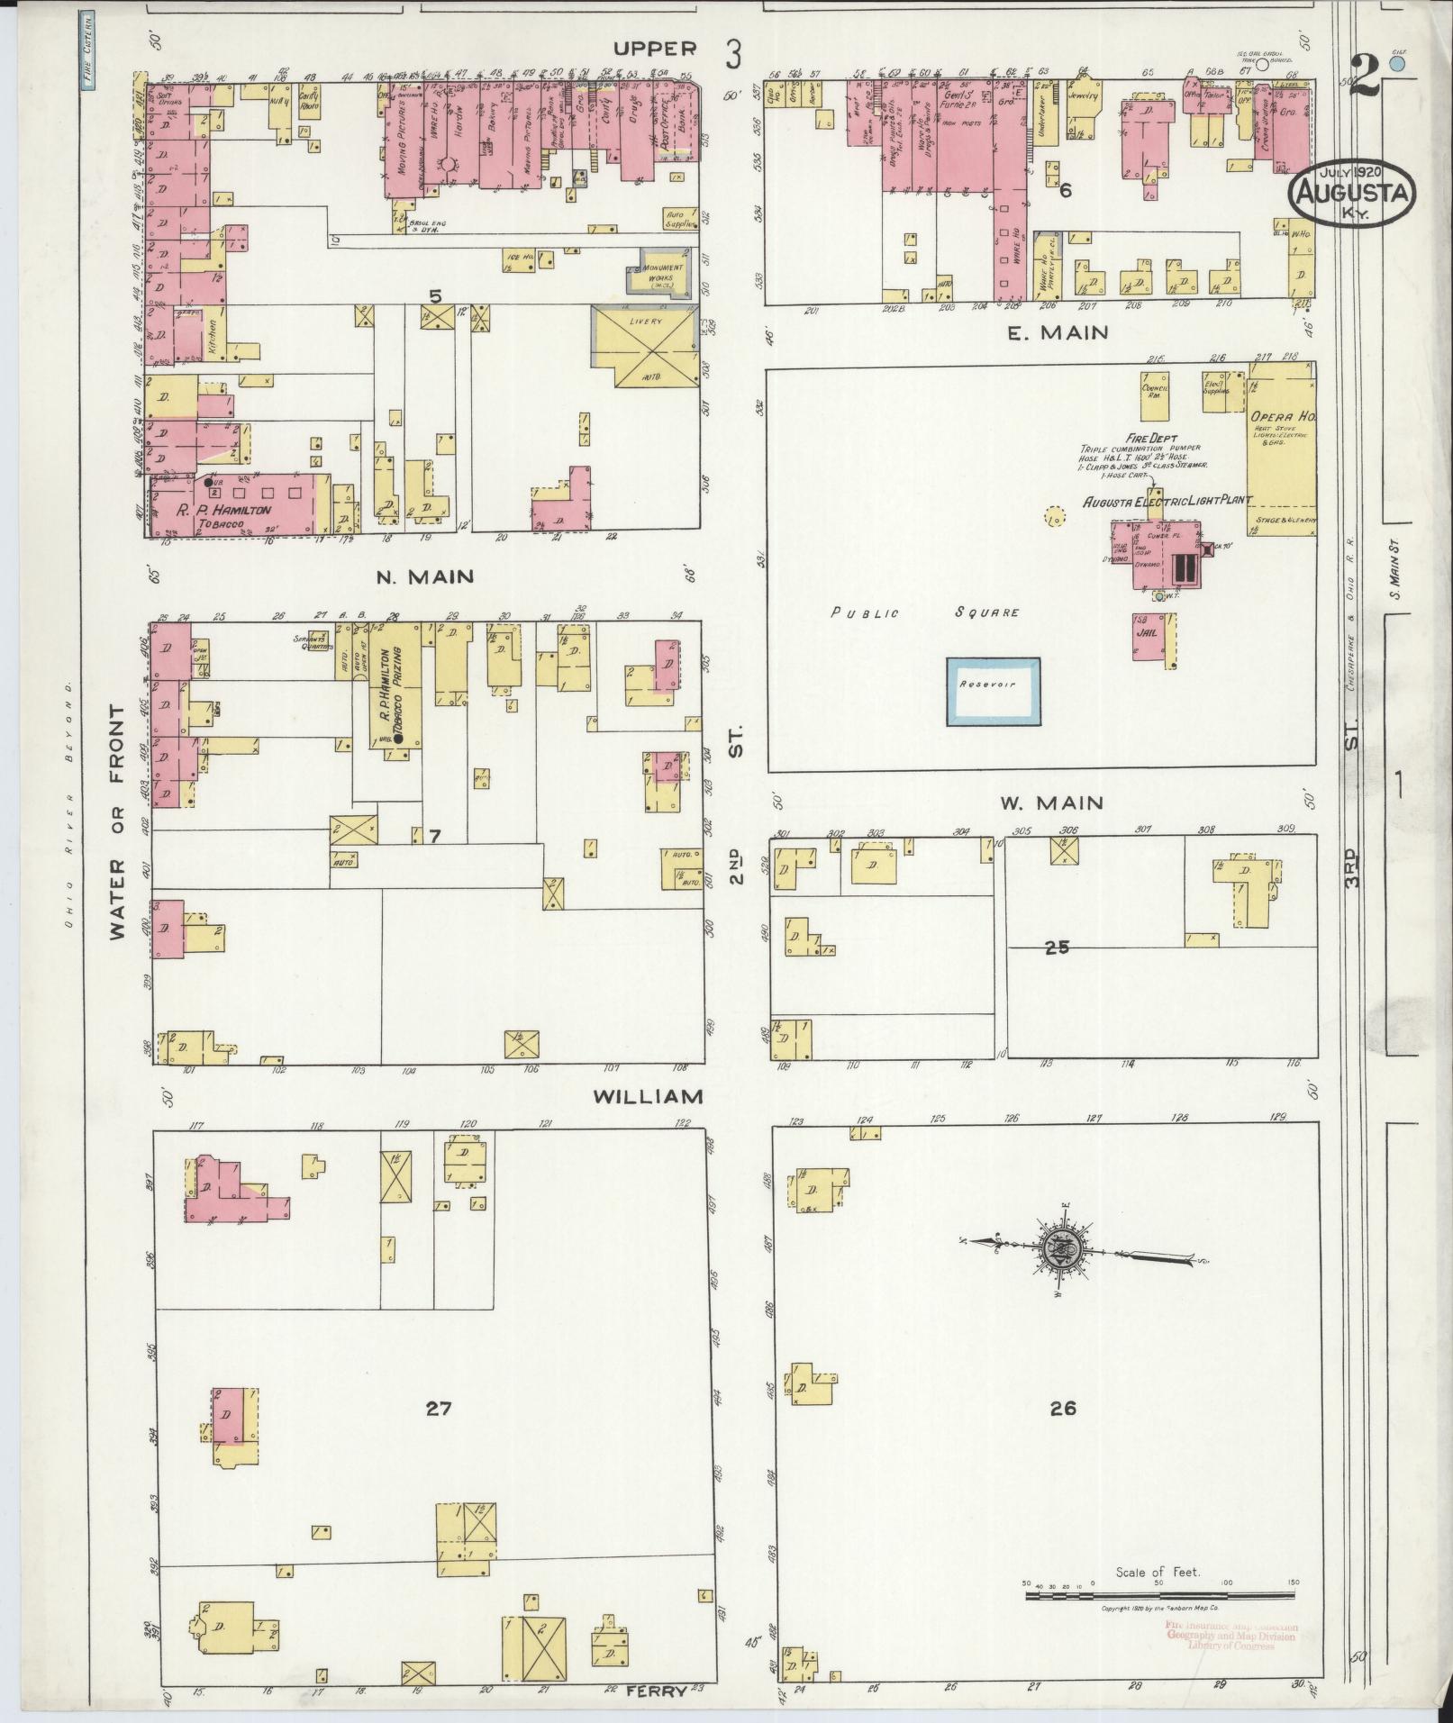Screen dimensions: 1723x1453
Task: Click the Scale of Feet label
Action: pos(1158,1572)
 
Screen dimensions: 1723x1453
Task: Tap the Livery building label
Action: pos(646,322)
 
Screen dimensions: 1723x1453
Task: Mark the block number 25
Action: pos(1057,948)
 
